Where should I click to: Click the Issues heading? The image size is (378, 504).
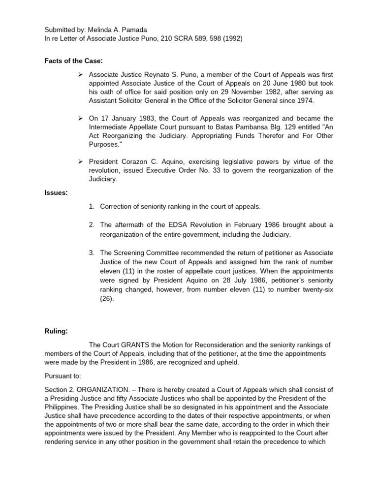pyautogui.click(x=56, y=193)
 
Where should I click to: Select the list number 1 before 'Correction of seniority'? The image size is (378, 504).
pyautogui.click(x=92, y=207)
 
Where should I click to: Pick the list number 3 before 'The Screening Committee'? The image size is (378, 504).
pyautogui.click(x=92, y=253)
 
